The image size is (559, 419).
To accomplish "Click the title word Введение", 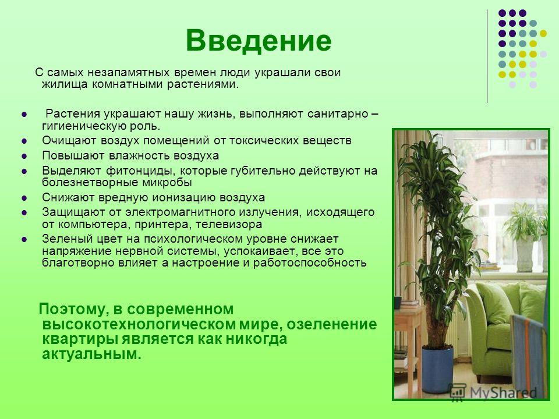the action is pos(259,40).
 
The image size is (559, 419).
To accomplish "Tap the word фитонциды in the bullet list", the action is pos(140,171).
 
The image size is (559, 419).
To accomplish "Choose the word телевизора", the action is pos(229,225).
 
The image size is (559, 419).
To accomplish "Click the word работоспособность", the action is pos(310,263).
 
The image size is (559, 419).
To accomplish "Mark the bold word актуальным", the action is pos(91,354).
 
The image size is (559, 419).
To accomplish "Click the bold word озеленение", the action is pos(332,324).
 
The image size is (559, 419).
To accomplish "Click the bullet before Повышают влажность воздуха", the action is pos(24,156).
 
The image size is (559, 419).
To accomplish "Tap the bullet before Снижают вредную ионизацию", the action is pos(24,198).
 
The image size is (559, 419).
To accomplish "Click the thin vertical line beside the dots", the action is pos(487,56).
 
